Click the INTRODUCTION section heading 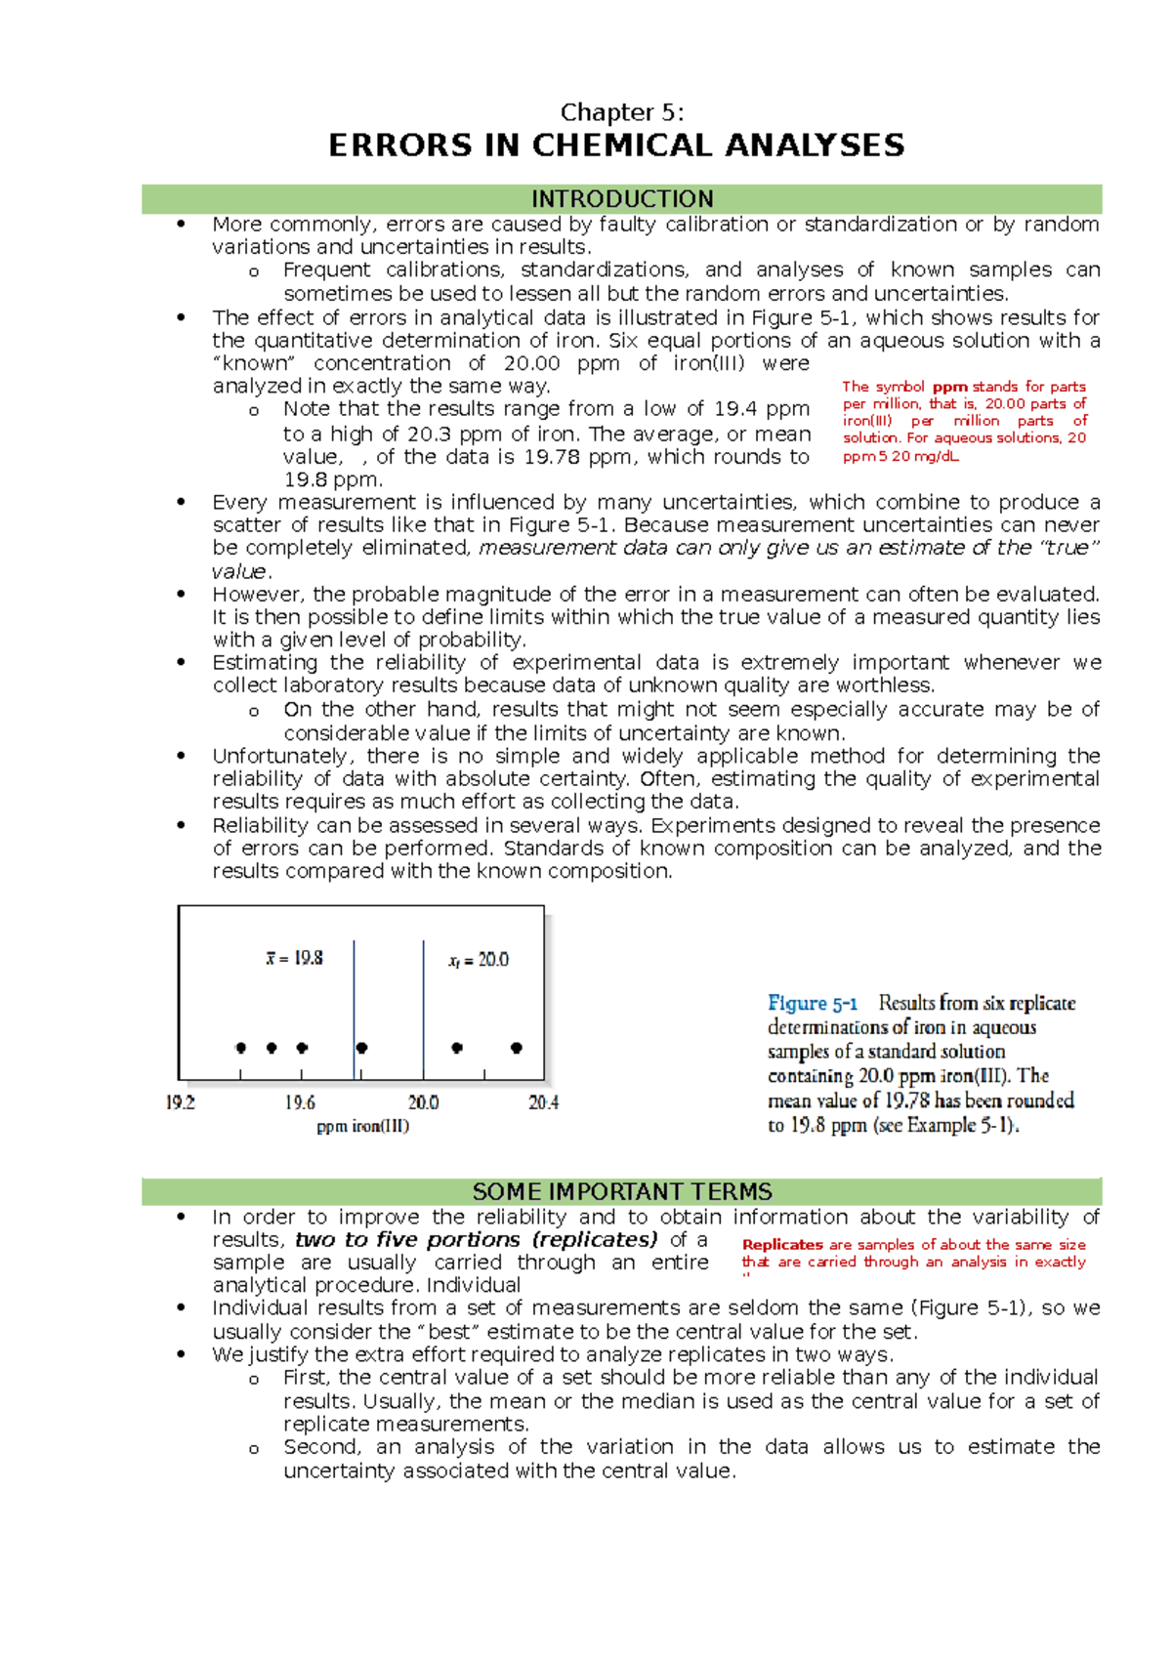click(x=621, y=199)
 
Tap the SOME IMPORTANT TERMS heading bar click(x=621, y=1192)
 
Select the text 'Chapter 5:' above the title click(x=621, y=112)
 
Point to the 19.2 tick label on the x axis click(x=181, y=1103)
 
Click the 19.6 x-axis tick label click(x=300, y=1103)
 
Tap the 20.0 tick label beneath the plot click(x=423, y=1103)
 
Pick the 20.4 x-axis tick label click(x=543, y=1103)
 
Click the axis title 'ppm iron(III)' click(x=363, y=1127)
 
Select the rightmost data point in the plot click(x=517, y=1048)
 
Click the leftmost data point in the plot click(x=241, y=1048)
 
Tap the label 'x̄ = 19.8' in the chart click(x=294, y=959)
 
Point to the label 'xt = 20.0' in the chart click(x=479, y=961)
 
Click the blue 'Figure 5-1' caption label click(x=813, y=1004)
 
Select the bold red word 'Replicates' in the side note click(x=782, y=1245)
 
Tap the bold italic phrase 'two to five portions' click(x=407, y=1240)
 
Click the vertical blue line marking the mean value click(x=355, y=1006)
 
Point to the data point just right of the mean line click(x=362, y=1048)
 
